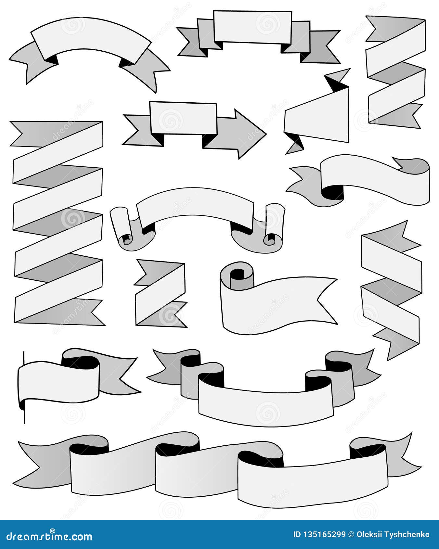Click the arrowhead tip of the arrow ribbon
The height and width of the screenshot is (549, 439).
tap(266, 134)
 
